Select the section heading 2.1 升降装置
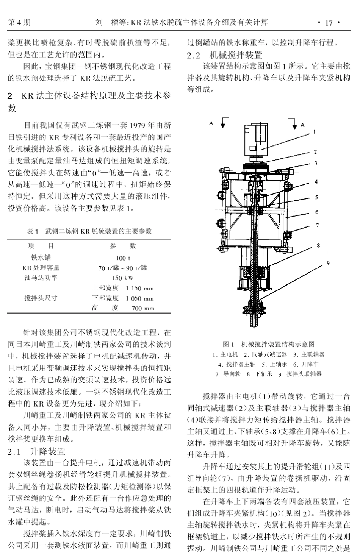coord(37,451)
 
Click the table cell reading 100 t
coord(123,258)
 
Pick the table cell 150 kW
coord(123,278)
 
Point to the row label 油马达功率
coord(41,278)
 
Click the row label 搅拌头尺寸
coord(41,298)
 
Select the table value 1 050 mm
coord(140,298)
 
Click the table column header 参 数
coord(123,246)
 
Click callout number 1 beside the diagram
coord(314,132)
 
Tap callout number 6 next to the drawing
coord(317,212)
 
